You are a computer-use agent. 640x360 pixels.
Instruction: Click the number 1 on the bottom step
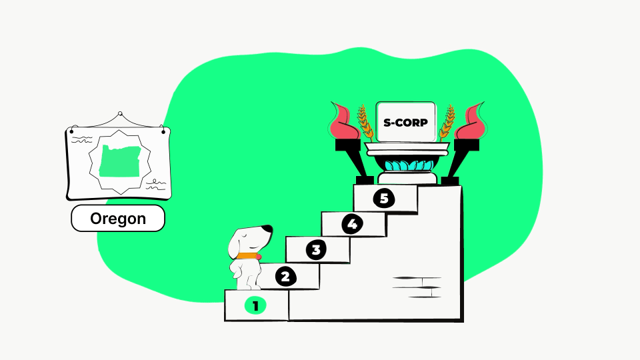pyautogui.click(x=255, y=306)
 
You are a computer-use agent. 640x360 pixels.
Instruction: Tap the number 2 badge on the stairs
pyautogui.click(x=286, y=277)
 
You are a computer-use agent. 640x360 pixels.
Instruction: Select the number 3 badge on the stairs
pyautogui.click(x=316, y=249)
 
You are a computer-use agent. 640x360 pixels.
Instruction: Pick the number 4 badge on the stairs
pyautogui.click(x=352, y=224)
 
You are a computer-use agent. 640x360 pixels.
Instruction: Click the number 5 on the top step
pyautogui.click(x=384, y=198)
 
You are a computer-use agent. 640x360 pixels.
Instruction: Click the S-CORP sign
pyautogui.click(x=406, y=122)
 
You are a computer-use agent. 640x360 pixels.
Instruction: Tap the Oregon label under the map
pyautogui.click(x=118, y=219)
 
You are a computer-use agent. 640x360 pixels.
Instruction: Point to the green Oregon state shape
pyautogui.click(x=120, y=161)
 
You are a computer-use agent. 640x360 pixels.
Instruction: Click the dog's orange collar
pyautogui.click(x=247, y=256)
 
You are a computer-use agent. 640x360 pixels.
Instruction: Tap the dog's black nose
pyautogui.click(x=268, y=229)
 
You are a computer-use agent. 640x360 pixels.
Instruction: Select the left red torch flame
pyautogui.click(x=345, y=121)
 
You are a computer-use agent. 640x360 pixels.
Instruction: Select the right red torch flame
pyautogui.click(x=471, y=121)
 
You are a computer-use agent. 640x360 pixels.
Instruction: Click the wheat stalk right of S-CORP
pyautogui.click(x=447, y=123)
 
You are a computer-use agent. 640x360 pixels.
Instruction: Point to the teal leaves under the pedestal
pyautogui.click(x=409, y=165)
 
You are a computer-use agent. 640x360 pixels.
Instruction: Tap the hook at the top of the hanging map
pyautogui.click(x=120, y=114)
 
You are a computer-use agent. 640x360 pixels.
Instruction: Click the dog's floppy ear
pyautogui.click(x=235, y=245)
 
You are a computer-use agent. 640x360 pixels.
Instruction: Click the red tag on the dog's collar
pyautogui.click(x=259, y=257)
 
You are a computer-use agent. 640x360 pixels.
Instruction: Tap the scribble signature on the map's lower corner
pyautogui.click(x=156, y=185)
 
